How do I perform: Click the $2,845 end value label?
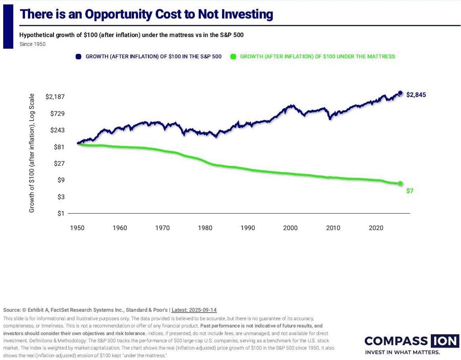pos(416,95)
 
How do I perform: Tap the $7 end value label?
pos(410,191)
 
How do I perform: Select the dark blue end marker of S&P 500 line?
pos(400,93)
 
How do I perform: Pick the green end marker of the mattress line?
pos(400,183)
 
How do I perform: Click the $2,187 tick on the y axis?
pos(55,97)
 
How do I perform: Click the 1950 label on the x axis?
pos(77,228)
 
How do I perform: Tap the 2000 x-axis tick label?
pos(290,228)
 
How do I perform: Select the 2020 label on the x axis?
pos(376,228)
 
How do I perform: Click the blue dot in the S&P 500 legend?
pos(78,57)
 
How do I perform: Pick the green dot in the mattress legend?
pos(233,57)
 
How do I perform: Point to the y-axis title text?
pos(32,153)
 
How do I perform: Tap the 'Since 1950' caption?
pos(33,44)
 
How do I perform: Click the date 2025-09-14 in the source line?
pos(202,310)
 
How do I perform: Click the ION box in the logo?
pos(445,341)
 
